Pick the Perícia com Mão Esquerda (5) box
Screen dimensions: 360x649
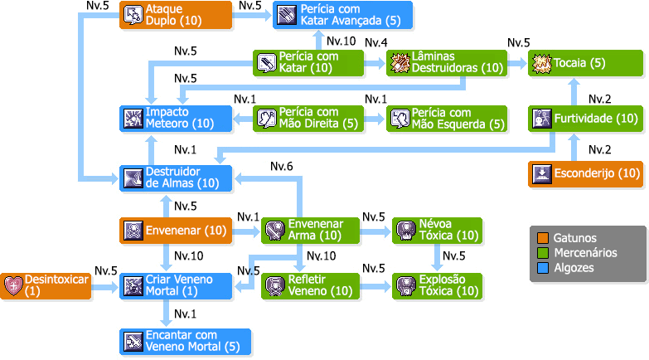pyautogui.click(x=446, y=119)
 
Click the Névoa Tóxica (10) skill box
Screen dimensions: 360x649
pyautogui.click(x=437, y=230)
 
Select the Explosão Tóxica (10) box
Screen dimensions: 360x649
pyautogui.click(x=437, y=285)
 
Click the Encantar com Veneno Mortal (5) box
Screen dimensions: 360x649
pyautogui.click(x=184, y=341)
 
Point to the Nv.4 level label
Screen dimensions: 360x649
pyautogui.click(x=376, y=42)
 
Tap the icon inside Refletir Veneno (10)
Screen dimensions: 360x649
pyautogui.click(x=274, y=285)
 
